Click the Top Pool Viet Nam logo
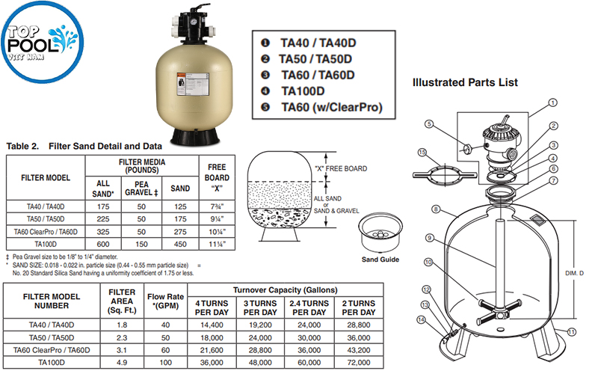37,46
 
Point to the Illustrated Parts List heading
465,82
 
